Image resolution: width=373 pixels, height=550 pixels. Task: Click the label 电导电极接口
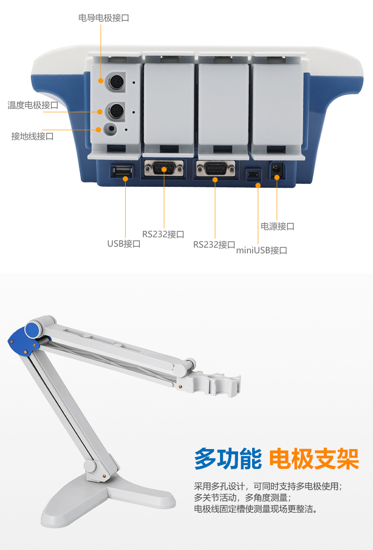(103, 18)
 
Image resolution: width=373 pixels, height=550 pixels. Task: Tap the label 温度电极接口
(33, 105)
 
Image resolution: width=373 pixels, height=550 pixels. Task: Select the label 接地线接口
(33, 136)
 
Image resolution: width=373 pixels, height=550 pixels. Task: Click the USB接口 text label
(124, 243)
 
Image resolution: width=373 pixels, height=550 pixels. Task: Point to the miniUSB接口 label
(262, 250)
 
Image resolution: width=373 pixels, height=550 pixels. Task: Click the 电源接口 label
(277, 226)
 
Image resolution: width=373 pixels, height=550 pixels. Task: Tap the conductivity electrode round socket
(115, 82)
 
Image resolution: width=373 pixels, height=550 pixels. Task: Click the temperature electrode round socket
(115, 112)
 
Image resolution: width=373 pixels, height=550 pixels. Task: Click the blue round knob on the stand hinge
(32, 329)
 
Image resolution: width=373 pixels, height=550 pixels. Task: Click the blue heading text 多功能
(228, 458)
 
